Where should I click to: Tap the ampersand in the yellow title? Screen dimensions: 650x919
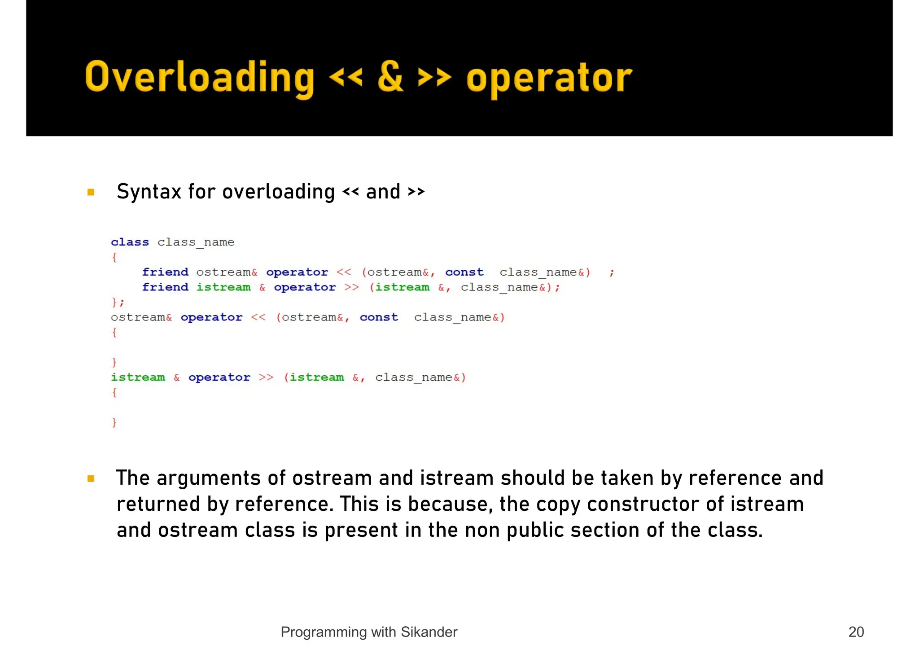390,77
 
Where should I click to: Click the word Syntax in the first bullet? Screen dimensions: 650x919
149,192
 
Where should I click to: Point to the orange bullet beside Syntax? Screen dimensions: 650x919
91,192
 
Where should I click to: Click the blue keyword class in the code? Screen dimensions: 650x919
130,242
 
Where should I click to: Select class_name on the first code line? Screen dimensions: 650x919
196,242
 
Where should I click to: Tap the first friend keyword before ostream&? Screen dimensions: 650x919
165,272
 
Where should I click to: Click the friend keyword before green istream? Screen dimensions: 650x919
165,287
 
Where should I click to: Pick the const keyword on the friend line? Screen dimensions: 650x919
464,272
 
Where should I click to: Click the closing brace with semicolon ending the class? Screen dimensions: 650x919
118,302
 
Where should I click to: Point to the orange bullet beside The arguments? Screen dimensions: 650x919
91,479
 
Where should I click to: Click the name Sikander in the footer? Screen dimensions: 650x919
429,632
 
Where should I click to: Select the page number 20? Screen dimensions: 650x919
856,632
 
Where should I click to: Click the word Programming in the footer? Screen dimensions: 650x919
323,632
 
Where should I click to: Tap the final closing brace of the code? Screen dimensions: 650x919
114,422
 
